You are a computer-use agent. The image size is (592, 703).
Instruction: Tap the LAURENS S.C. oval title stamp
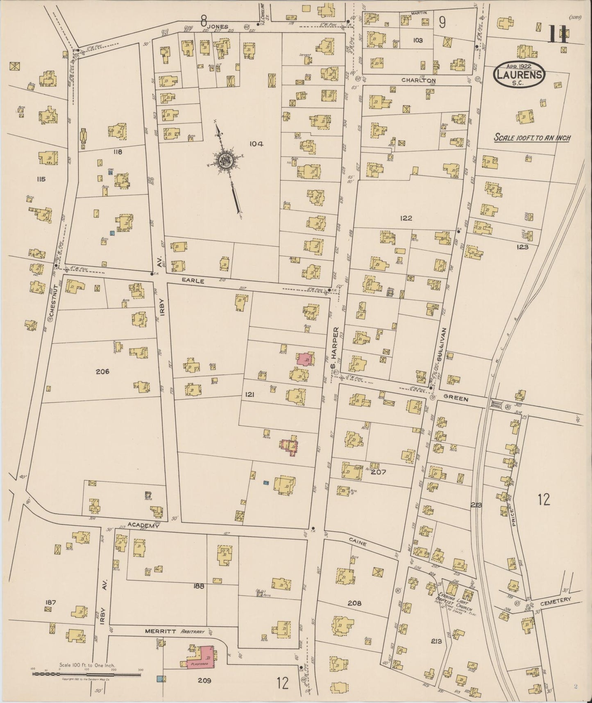point(520,74)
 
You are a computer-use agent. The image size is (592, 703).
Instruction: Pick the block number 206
point(102,372)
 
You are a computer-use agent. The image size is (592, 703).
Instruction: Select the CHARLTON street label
point(418,80)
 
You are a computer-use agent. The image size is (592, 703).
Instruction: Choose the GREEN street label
point(456,398)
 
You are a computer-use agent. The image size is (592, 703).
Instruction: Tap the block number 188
point(199,587)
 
